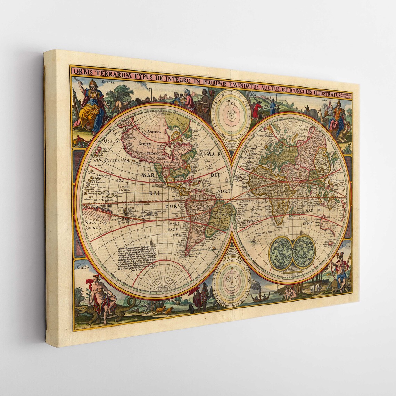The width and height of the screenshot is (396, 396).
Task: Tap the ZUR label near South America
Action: [171, 207]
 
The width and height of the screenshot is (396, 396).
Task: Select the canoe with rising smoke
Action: [260, 298]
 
